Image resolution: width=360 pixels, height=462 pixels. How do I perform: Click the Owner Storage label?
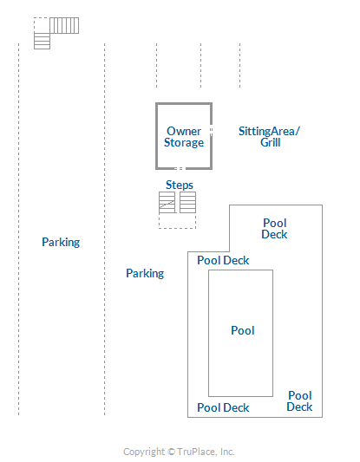point(184,137)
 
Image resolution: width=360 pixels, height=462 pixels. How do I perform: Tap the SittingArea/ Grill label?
point(269,137)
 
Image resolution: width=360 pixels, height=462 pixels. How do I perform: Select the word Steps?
point(180,185)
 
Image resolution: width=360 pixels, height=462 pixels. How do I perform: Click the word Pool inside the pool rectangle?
point(243,330)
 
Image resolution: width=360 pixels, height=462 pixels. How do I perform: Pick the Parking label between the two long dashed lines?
point(61,242)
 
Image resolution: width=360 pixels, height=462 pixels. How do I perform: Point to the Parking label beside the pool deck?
point(145,273)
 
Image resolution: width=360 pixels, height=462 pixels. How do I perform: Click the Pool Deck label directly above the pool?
point(223,260)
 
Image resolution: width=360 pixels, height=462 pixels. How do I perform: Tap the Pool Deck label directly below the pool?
point(223,407)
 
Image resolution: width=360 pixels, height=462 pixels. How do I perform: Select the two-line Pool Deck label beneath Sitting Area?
point(274,229)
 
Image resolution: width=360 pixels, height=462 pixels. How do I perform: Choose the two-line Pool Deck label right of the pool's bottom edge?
point(299,401)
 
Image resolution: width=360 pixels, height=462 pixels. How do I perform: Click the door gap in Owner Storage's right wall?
point(211,130)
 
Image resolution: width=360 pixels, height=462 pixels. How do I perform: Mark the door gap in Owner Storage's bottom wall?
point(180,168)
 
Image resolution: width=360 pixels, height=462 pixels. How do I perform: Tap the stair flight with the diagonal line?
point(167,203)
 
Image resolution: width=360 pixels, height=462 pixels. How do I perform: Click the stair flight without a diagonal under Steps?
point(188,203)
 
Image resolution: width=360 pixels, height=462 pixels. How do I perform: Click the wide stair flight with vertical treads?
point(64,25)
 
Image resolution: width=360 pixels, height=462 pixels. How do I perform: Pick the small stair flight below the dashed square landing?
point(42,41)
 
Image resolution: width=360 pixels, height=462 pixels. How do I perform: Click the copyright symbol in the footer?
point(171,452)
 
